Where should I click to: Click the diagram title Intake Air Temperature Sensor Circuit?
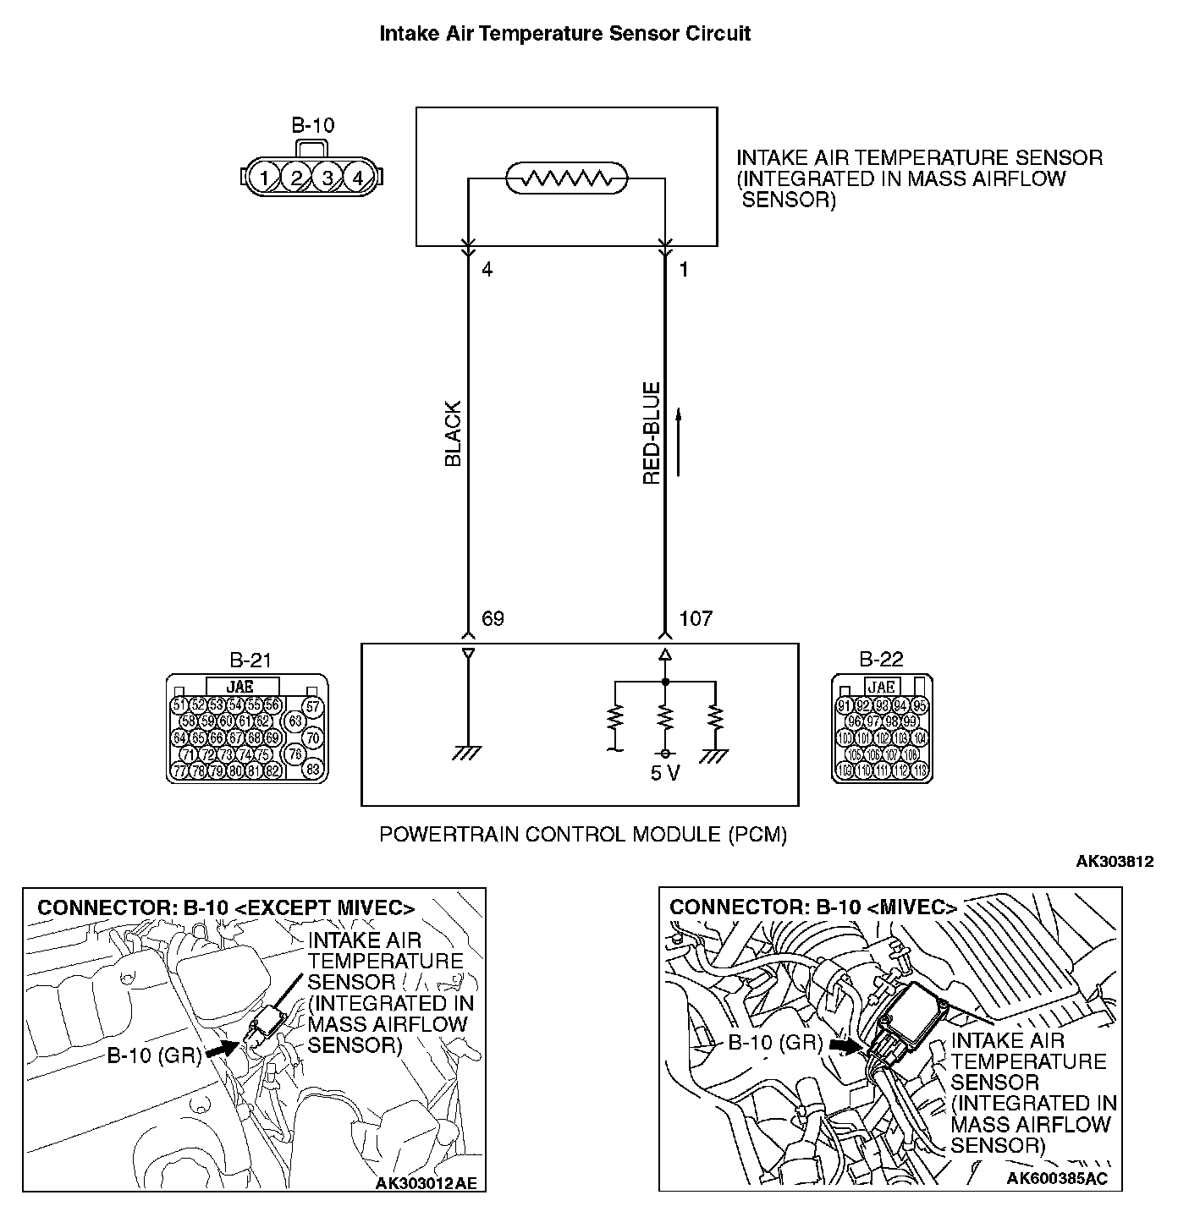point(564,34)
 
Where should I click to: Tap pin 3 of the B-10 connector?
point(327,178)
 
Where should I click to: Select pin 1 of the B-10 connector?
point(265,178)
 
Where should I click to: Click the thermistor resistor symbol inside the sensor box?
point(566,178)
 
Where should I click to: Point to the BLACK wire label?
point(454,435)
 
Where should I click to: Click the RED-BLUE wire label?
point(651,435)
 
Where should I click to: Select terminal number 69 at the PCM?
point(493,619)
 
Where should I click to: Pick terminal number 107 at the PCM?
point(696,619)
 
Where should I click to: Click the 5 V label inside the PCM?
point(665,774)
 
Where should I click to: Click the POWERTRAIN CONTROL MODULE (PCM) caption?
point(583,835)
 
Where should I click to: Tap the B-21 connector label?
point(250,661)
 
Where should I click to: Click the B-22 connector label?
point(882,661)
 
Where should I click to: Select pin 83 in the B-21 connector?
point(312,770)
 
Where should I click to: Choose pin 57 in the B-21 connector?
point(312,706)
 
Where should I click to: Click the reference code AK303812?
point(1115,862)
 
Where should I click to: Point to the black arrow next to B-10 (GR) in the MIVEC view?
point(843,1045)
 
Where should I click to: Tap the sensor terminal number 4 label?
point(487,270)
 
